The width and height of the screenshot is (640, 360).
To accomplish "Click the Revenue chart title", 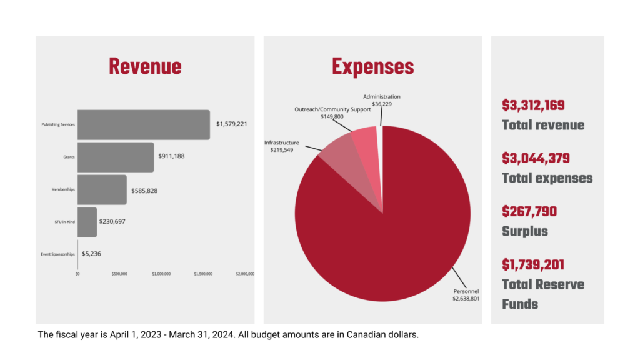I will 145,66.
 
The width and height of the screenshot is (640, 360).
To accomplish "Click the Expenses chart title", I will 372,66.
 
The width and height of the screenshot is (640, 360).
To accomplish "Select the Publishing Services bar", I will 144,124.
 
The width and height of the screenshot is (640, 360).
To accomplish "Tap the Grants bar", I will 116,157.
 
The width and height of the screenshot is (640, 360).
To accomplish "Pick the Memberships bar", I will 102,189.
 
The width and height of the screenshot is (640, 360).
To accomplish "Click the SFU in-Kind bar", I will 87,222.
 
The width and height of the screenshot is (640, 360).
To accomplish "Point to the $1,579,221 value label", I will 231,124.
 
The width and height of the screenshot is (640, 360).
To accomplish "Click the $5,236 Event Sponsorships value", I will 91,254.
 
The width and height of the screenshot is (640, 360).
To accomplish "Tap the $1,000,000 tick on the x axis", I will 161,274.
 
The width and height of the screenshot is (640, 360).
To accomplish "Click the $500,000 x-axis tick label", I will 119,274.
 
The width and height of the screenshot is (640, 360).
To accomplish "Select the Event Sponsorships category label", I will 58,254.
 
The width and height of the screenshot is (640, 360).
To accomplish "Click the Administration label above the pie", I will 381,97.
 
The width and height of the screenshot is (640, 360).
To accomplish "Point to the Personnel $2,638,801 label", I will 466,295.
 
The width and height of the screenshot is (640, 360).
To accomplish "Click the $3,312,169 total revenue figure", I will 533,105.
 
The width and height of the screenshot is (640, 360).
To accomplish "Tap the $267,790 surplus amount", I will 529,212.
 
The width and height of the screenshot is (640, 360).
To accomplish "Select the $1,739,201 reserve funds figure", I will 533,265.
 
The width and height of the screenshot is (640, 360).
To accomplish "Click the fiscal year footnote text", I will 228,335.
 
